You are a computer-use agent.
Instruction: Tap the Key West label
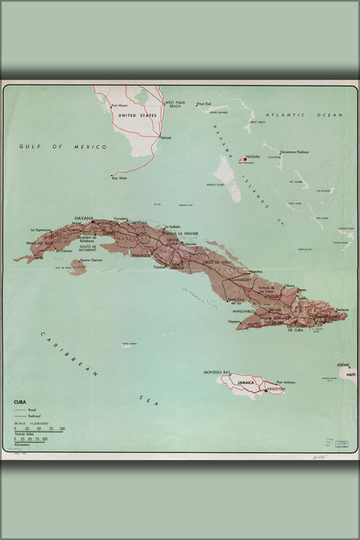click(119, 179)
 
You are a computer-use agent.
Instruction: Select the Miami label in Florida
click(165, 137)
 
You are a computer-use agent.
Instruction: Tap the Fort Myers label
click(119, 106)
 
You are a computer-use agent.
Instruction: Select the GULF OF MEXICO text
click(64, 146)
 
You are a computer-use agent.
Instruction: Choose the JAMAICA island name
click(246, 382)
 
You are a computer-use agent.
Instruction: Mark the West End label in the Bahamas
click(204, 103)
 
